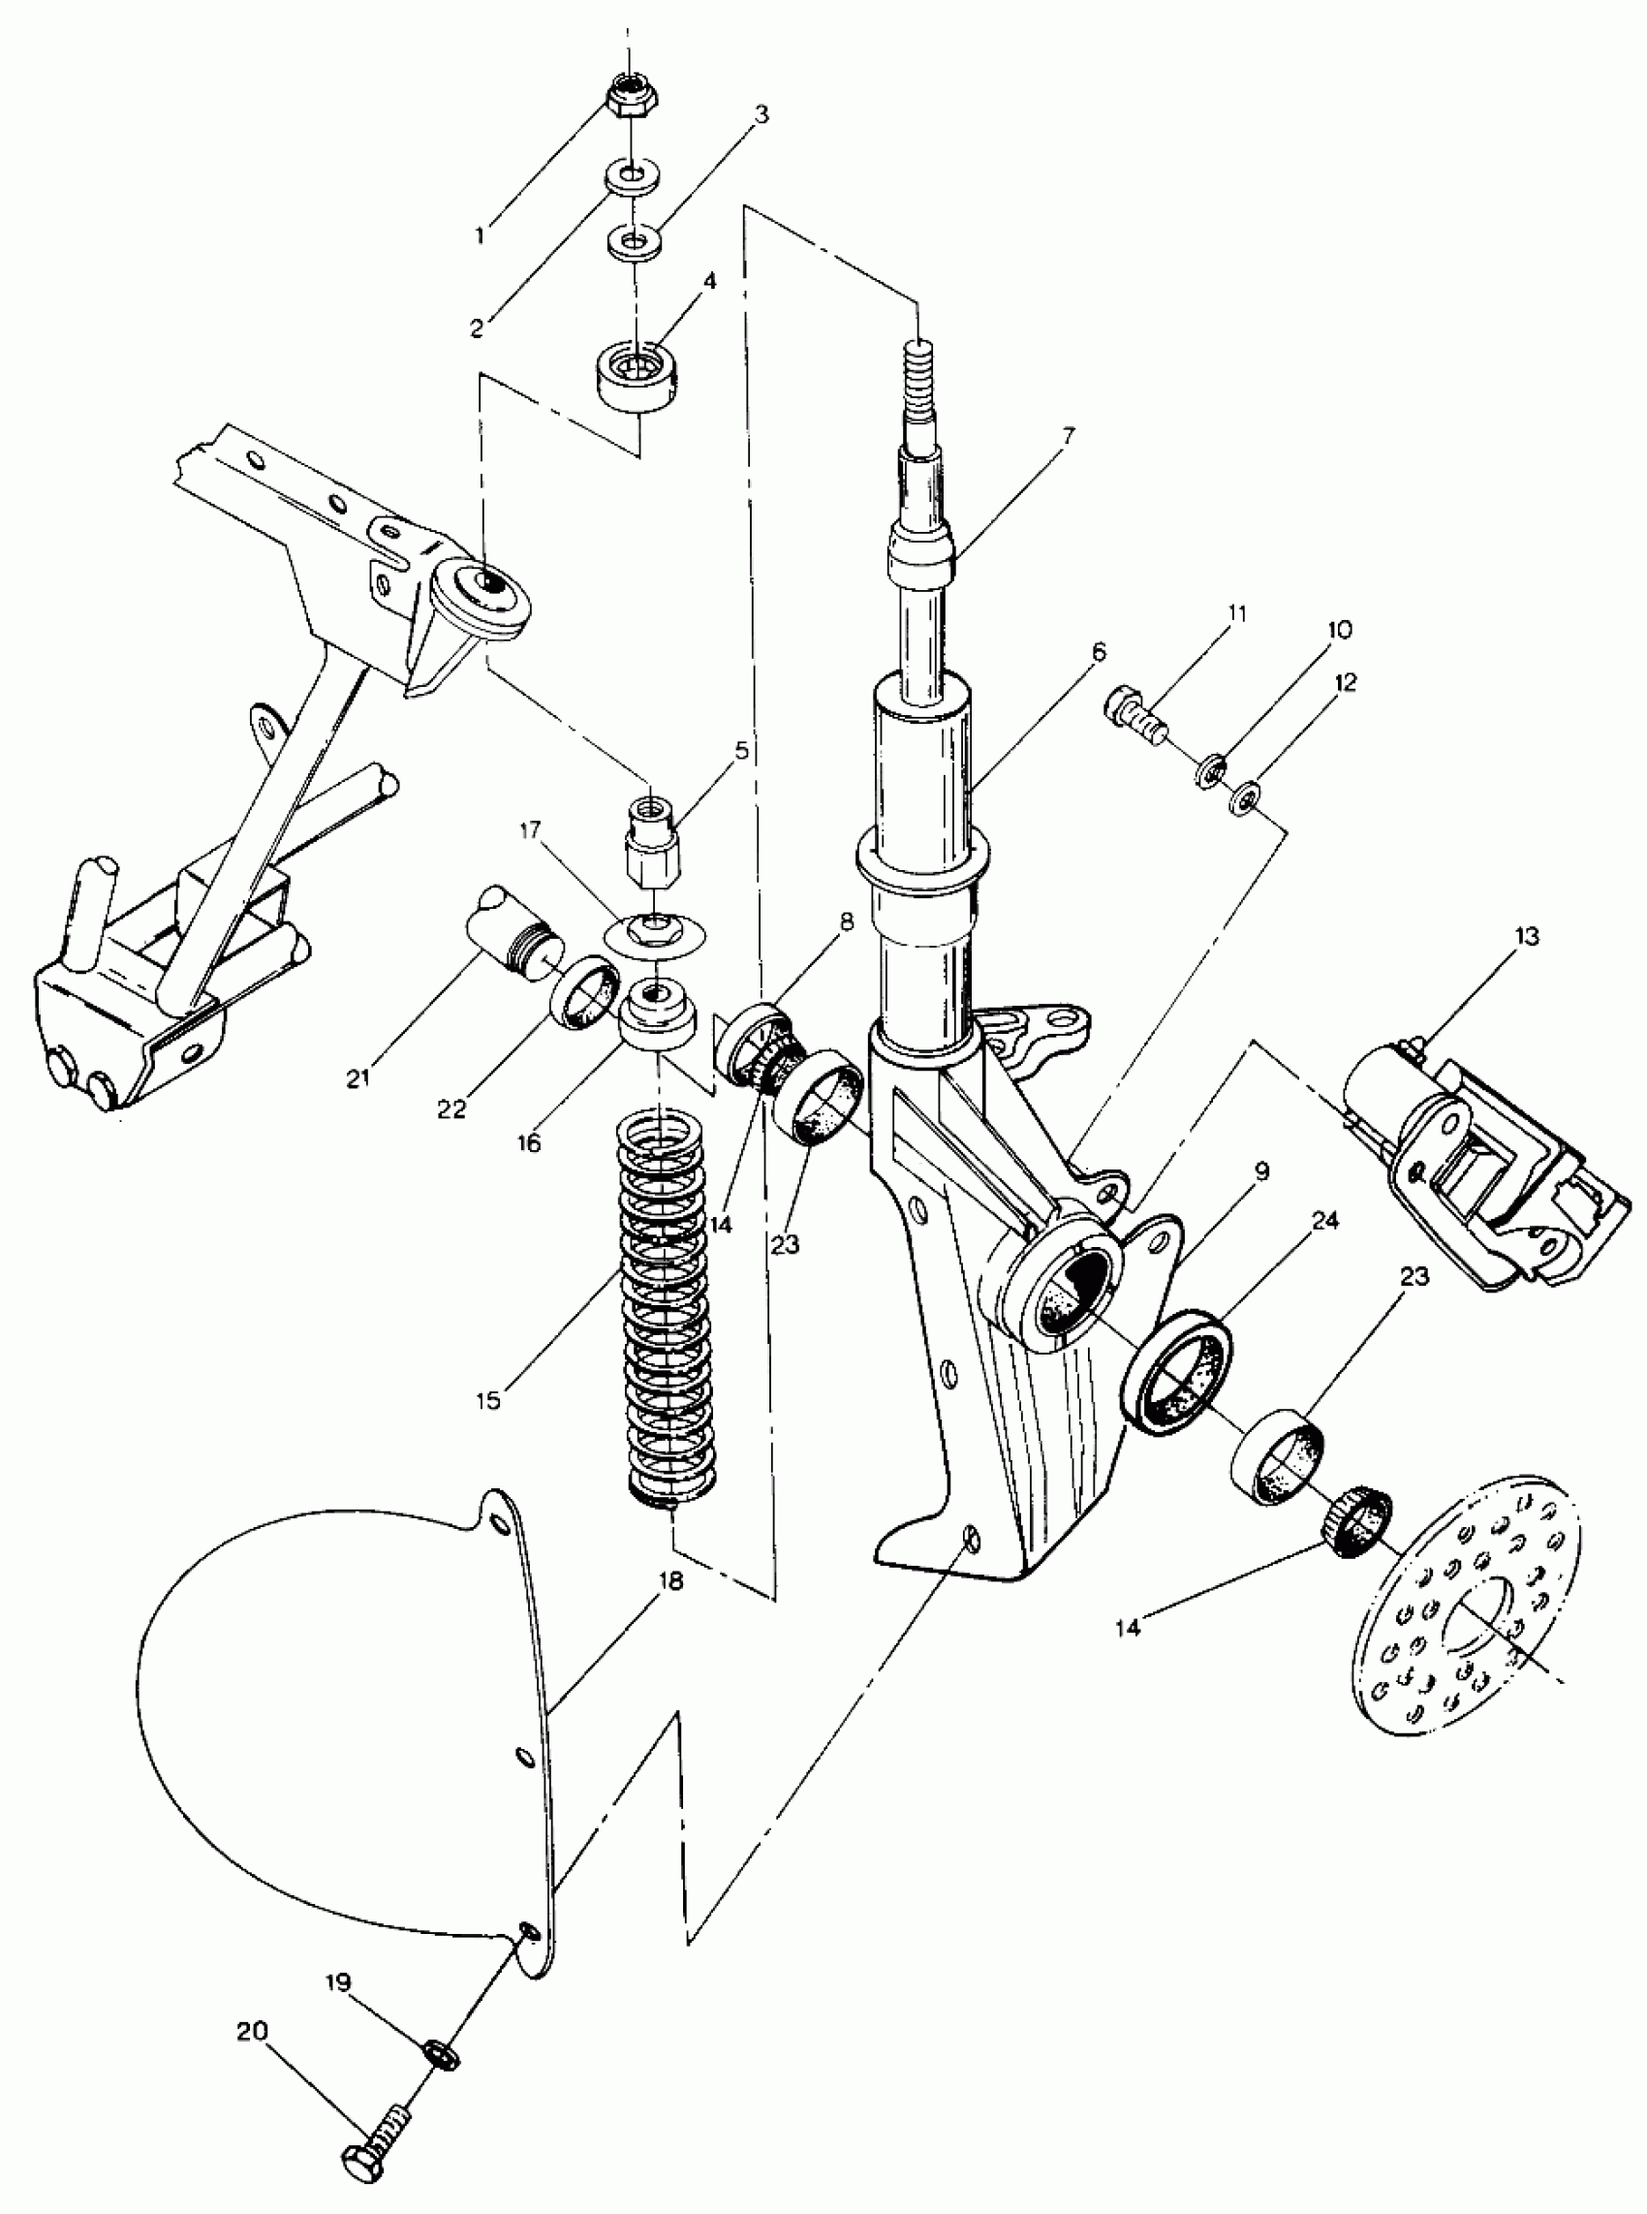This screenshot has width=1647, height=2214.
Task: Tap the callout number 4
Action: [709, 281]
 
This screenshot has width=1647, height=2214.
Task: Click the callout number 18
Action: [671, 1582]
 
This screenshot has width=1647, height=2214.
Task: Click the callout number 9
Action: [1262, 1171]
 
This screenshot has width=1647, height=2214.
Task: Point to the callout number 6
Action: [1099, 652]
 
